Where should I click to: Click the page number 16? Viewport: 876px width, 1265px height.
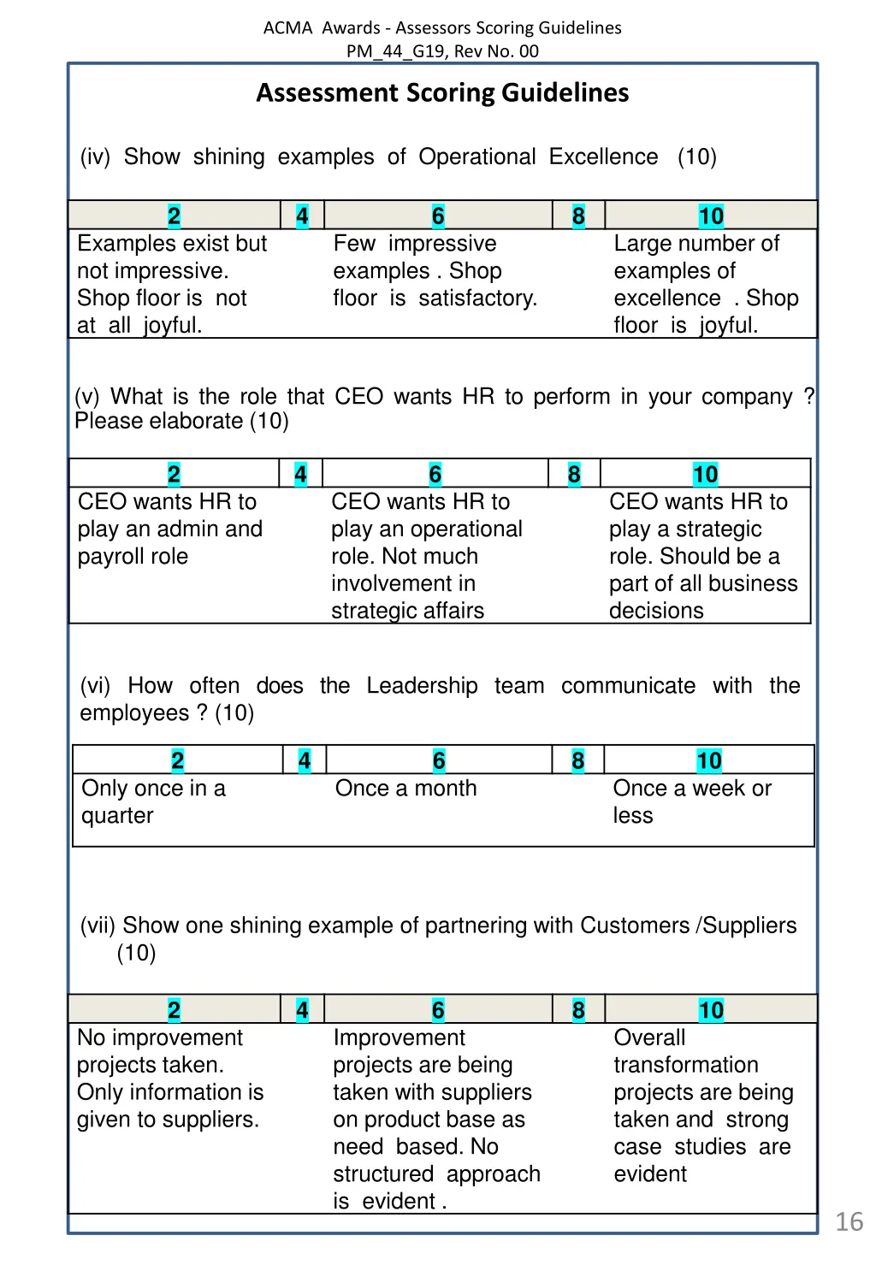tap(849, 1221)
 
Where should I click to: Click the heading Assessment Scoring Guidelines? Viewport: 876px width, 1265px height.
tap(442, 92)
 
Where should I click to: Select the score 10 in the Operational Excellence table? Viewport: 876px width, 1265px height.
tap(711, 216)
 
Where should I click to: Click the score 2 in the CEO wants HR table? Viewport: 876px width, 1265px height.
tap(174, 474)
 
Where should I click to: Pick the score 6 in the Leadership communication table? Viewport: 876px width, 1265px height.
tap(439, 760)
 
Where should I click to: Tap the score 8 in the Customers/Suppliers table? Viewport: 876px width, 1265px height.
tap(578, 1010)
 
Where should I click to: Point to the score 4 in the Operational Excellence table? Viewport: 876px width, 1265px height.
tap(302, 216)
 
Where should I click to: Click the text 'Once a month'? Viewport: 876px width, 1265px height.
tap(405, 788)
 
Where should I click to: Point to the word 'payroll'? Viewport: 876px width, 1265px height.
tap(111, 557)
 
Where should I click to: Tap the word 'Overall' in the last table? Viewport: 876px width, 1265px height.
tap(649, 1037)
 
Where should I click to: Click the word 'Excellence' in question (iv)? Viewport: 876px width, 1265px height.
tap(603, 157)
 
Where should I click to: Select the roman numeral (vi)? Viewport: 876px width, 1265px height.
tap(95, 686)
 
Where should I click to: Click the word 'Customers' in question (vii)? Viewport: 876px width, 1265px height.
tap(634, 925)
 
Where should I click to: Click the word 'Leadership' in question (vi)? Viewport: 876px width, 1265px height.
tap(422, 686)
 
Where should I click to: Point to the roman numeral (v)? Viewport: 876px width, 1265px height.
tap(87, 397)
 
